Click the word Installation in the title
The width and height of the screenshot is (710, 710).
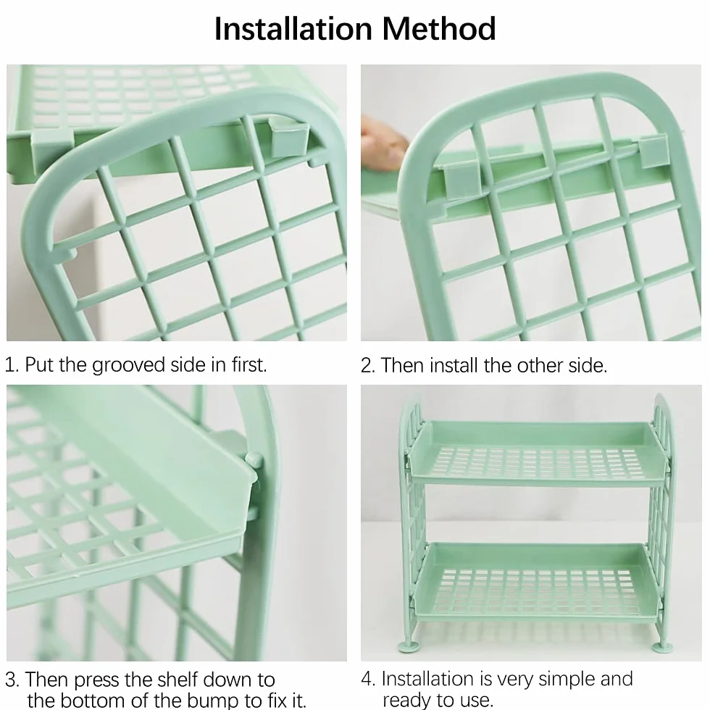(293, 28)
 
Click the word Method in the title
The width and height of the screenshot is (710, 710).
(439, 28)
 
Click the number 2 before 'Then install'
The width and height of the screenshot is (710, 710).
(367, 366)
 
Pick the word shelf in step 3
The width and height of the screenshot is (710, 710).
(175, 680)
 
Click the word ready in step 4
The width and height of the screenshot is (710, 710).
(406, 701)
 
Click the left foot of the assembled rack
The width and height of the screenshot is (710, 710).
(406, 645)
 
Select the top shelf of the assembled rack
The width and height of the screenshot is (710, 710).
(538, 453)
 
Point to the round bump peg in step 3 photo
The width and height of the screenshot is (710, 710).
(254, 460)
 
